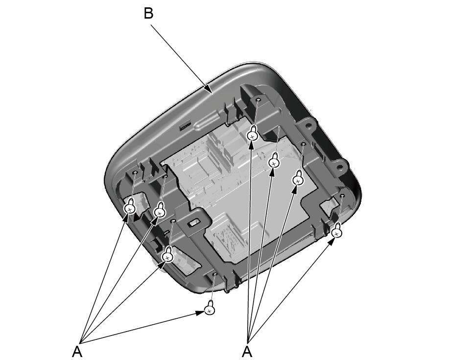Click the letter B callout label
(148, 14)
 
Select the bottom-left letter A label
(77, 352)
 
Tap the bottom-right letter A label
(247, 352)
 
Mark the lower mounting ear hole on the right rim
(340, 165)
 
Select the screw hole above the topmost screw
(258, 99)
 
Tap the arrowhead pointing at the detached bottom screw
(201, 313)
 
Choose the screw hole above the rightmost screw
(342, 196)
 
